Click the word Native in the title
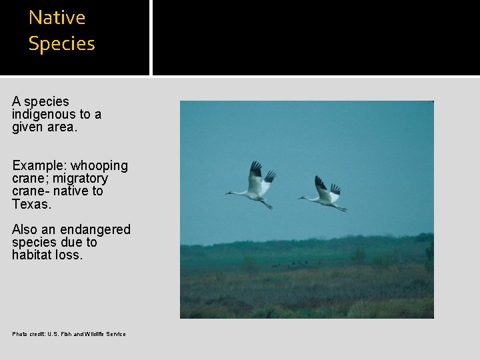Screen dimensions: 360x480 (x=57, y=17)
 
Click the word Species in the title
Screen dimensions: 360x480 (x=61, y=44)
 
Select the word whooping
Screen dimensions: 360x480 (x=99, y=165)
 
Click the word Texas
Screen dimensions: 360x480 (x=31, y=204)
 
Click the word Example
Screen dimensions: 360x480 (x=39, y=165)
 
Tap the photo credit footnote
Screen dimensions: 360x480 (x=69, y=334)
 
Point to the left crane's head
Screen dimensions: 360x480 (x=229, y=193)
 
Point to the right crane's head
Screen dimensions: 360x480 (x=301, y=197)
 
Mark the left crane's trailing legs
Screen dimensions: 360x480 (x=267, y=205)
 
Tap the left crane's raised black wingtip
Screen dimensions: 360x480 (x=255, y=168)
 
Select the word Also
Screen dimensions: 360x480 (x=25, y=229)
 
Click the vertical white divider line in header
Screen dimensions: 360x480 (x=151, y=37)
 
